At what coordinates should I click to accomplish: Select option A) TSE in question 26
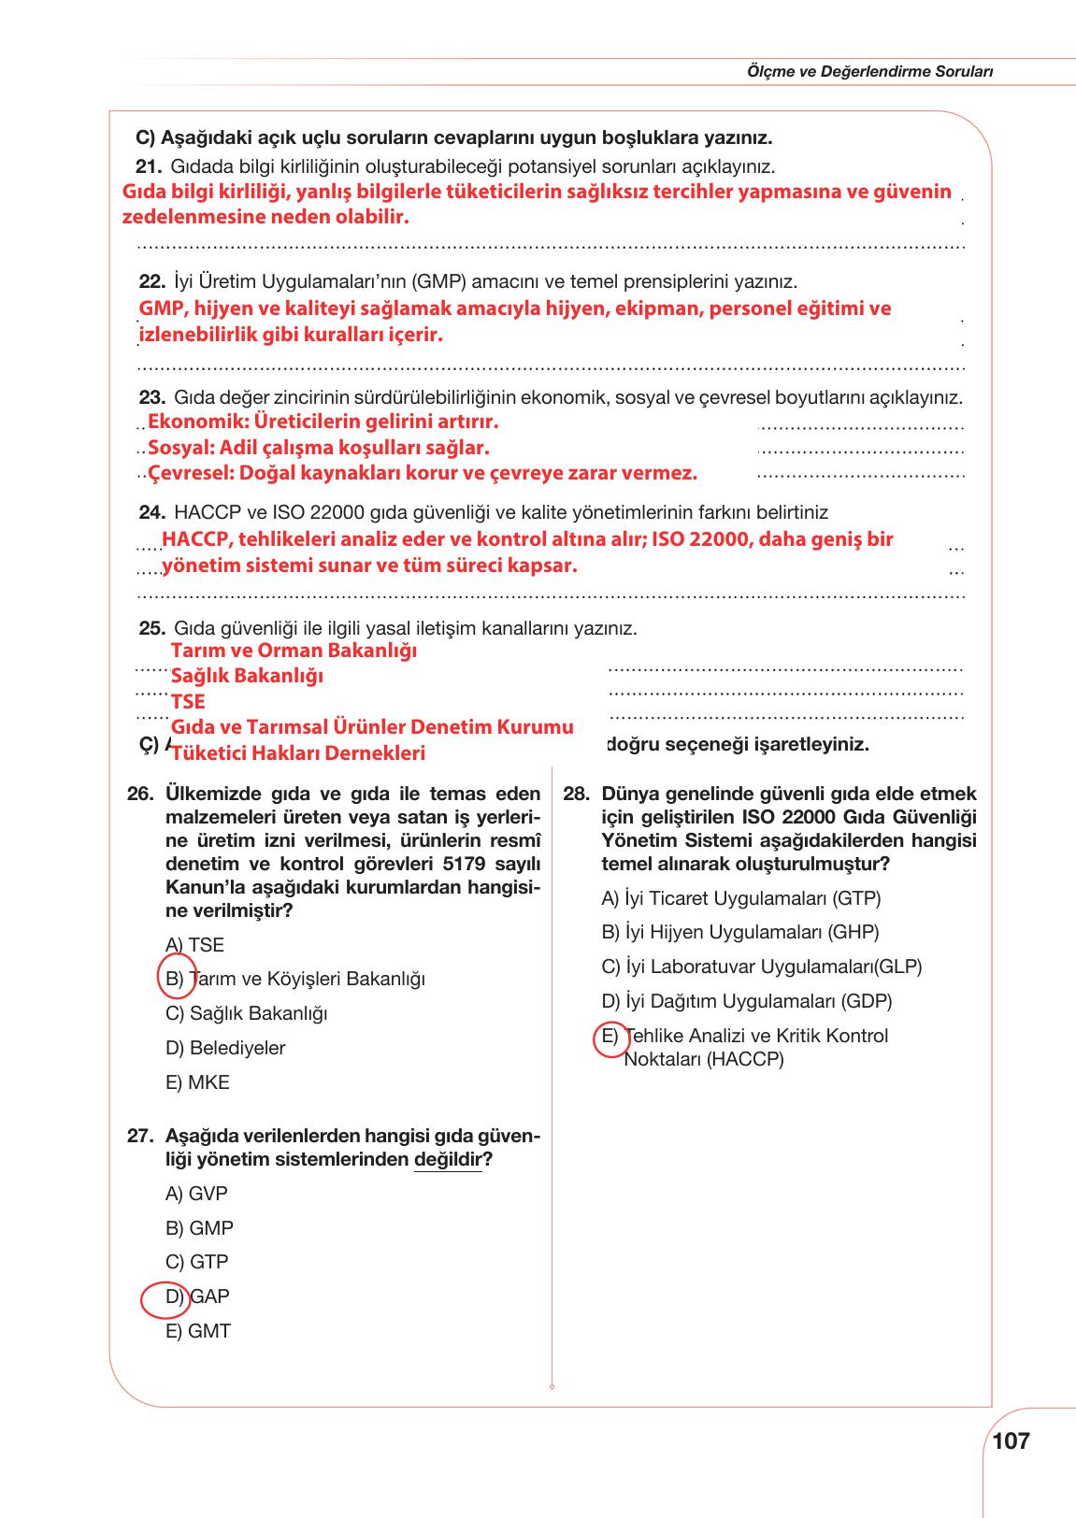tap(194, 945)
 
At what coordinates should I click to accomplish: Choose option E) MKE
tap(197, 1082)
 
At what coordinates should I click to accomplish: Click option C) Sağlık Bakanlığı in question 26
tap(246, 1013)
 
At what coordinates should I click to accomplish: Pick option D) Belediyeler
tap(225, 1048)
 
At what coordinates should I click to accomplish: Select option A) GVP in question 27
tap(196, 1194)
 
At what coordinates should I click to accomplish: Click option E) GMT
tap(198, 1331)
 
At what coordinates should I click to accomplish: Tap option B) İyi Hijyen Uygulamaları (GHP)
tap(739, 932)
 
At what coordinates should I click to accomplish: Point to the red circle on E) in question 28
tap(611, 1038)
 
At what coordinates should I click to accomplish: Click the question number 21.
tap(150, 167)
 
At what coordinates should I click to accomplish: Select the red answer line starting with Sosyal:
tap(318, 448)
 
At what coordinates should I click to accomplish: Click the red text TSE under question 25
tap(188, 701)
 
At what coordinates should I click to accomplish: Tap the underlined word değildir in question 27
tap(447, 1160)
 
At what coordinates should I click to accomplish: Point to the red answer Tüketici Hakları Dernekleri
tap(298, 753)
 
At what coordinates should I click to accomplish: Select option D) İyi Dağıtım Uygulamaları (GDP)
tap(746, 1001)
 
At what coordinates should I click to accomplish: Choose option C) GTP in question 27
tap(196, 1262)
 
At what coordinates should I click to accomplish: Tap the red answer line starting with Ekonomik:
tap(323, 422)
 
